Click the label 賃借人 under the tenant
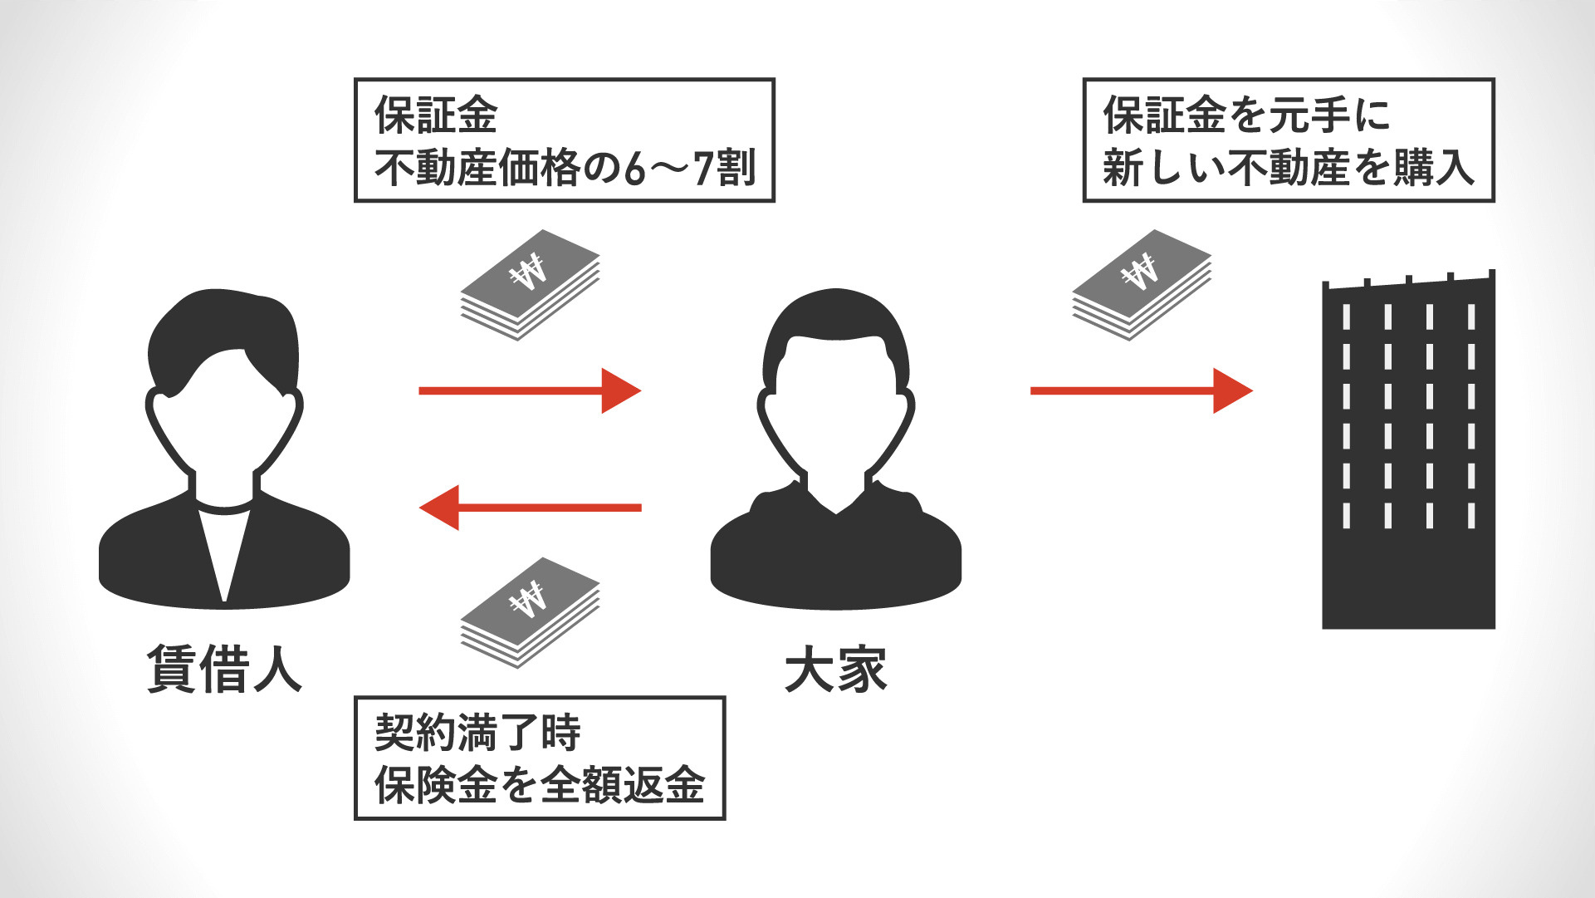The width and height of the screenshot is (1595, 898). click(x=224, y=670)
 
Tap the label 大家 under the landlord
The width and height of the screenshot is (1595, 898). click(x=835, y=670)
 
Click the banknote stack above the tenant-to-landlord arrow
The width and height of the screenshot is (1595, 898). click(x=531, y=284)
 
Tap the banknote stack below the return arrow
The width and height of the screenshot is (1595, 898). click(x=531, y=612)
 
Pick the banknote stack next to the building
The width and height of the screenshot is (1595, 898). click(x=1142, y=284)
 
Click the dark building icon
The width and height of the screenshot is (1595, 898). click(x=1408, y=453)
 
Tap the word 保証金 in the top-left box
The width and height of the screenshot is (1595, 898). click(x=436, y=115)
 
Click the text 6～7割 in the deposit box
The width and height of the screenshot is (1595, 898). click(x=690, y=168)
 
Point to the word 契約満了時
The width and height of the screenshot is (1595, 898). click(x=477, y=733)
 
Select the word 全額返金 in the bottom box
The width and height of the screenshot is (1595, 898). click(x=623, y=785)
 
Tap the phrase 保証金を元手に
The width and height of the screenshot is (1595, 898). click(x=1246, y=115)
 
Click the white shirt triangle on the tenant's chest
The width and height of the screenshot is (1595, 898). click(x=224, y=548)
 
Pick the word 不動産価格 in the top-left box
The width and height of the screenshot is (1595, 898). click(x=477, y=168)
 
